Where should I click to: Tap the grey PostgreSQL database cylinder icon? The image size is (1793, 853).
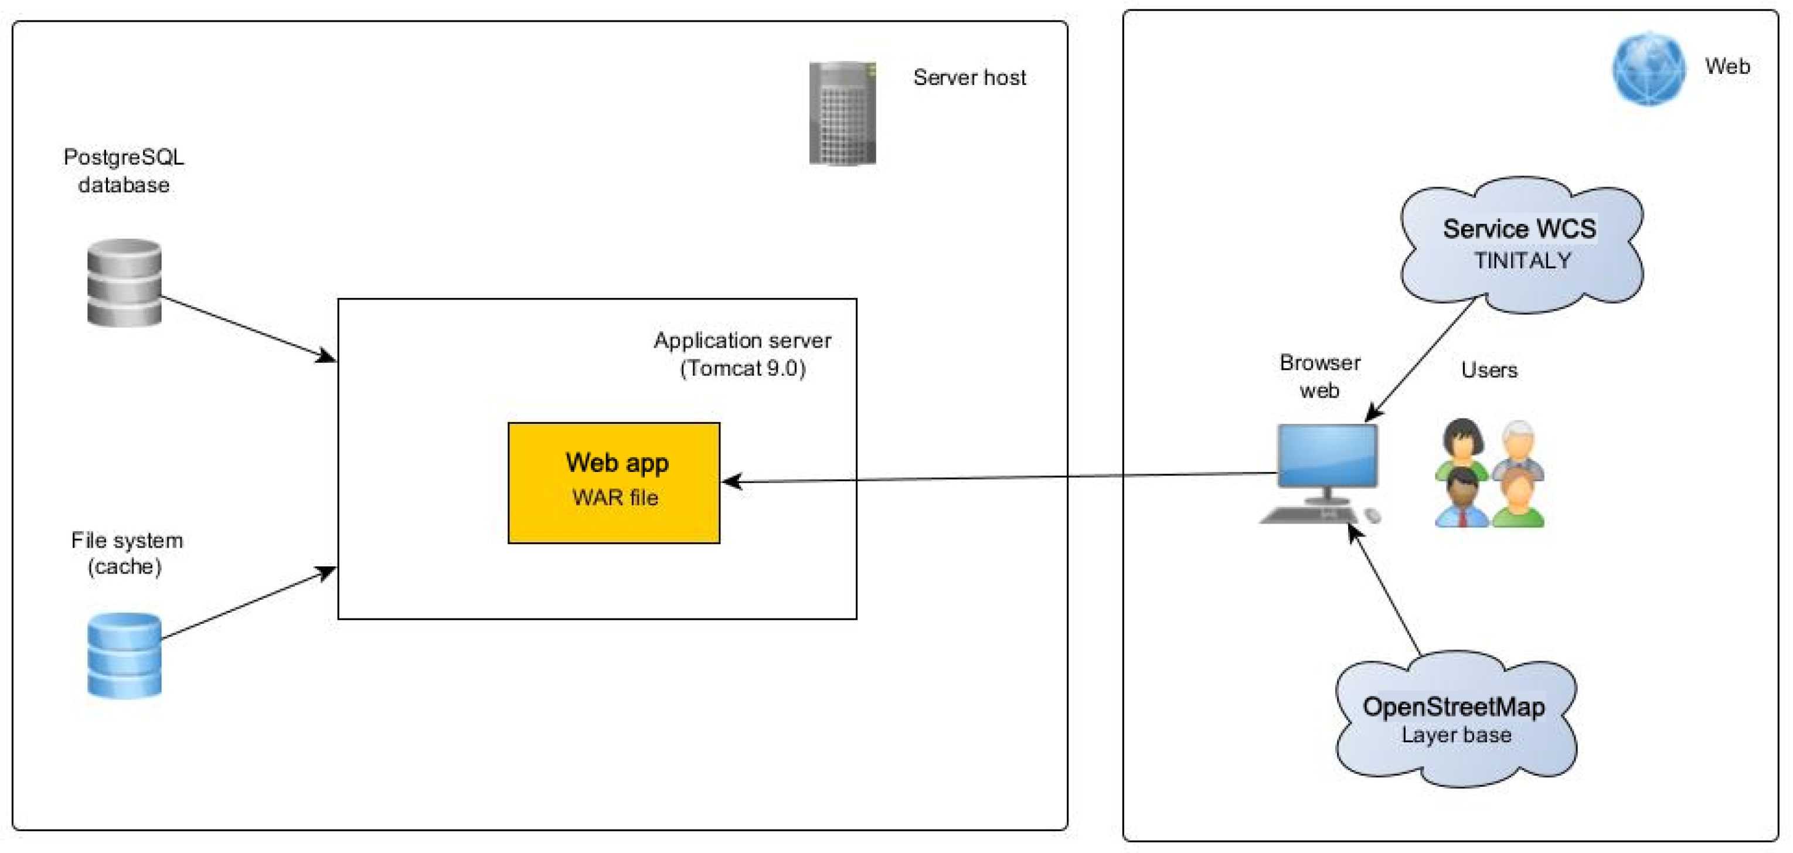[124, 282]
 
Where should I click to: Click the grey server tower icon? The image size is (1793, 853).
[842, 113]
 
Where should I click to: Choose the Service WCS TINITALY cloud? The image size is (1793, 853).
[1521, 244]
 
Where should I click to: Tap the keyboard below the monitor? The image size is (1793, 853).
[1308, 515]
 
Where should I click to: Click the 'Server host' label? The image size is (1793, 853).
[969, 77]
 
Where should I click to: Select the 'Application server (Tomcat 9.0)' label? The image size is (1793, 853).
[742, 354]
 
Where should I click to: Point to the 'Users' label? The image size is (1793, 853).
[1489, 370]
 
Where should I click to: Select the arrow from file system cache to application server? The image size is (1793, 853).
[248, 603]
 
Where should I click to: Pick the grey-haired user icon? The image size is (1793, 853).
[1517, 446]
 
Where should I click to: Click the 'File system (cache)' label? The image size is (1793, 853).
[126, 553]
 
